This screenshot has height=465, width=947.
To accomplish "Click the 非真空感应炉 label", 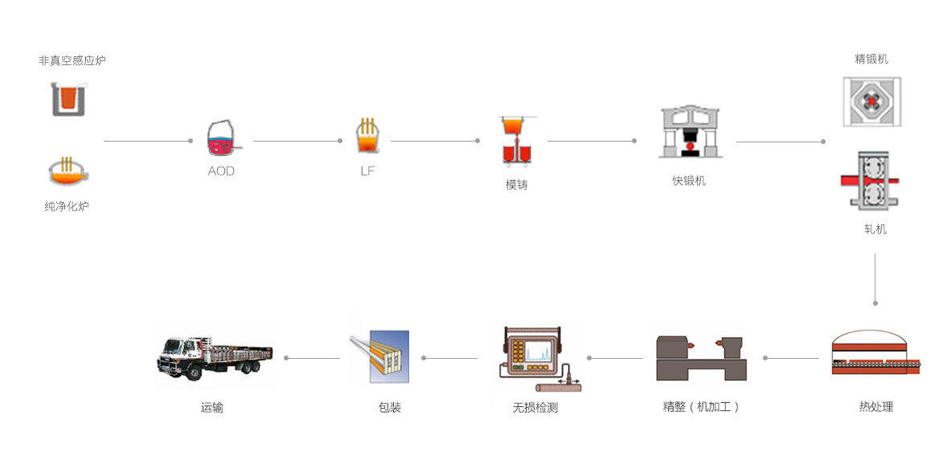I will [72, 60].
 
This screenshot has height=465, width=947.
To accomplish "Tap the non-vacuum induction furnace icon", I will [69, 98].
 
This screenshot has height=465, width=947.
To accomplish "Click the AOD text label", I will [221, 171].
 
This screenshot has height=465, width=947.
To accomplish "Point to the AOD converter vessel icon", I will [221, 138].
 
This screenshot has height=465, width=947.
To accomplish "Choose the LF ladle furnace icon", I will [367, 137].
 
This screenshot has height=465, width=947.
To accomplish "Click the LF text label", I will [367, 171].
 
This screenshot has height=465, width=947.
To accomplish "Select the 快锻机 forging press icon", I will [688, 132].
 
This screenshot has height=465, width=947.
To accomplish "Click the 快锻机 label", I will [689, 181].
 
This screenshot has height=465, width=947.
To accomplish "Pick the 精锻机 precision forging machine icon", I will [871, 101].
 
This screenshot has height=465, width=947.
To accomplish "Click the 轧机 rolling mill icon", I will [871, 180].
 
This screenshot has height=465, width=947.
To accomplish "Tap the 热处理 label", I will [875, 407].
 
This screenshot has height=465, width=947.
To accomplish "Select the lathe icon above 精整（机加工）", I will [701, 357].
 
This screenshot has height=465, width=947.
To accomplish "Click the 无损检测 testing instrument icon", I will [536, 357].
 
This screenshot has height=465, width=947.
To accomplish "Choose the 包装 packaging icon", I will [381, 356].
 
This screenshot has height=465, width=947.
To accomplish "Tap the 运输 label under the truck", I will [212, 408].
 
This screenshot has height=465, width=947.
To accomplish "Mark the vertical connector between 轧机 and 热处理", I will [875, 278].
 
